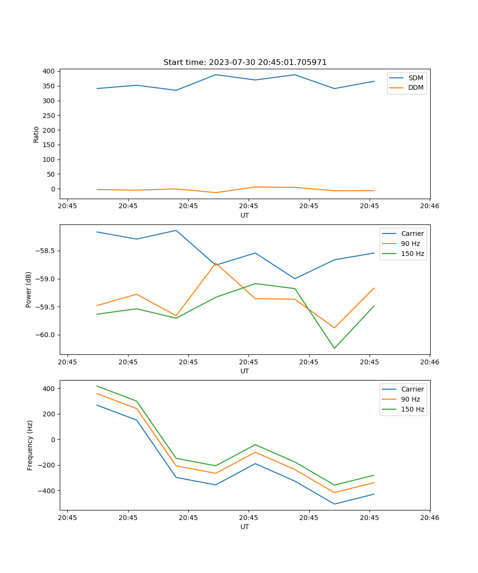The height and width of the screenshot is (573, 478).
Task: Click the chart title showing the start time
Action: click(x=245, y=63)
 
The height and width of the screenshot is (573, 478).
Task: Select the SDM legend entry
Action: click(x=415, y=78)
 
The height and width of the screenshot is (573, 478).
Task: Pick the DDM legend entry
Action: click(x=415, y=87)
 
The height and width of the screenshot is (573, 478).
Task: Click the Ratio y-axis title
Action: click(x=36, y=135)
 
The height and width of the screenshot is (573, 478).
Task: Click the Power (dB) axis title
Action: click(x=29, y=289)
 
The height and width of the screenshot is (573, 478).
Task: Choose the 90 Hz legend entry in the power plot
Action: click(x=410, y=244)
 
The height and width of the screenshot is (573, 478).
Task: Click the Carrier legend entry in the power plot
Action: click(x=412, y=233)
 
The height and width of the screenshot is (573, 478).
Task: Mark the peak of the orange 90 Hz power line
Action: click(x=216, y=263)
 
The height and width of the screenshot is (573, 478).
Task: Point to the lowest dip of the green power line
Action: click(x=334, y=348)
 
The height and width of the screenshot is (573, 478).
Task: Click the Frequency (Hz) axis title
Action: click(x=30, y=445)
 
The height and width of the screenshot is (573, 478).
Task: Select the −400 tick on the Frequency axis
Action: click(x=47, y=491)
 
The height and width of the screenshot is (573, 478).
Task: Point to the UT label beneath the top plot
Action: click(x=245, y=215)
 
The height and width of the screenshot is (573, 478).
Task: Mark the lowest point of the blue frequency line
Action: click(x=334, y=504)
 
